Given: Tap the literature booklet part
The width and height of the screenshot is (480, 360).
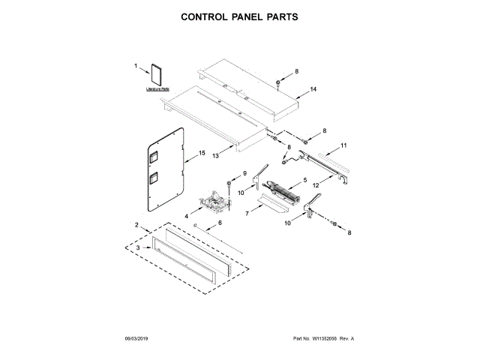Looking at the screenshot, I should pos(158,76).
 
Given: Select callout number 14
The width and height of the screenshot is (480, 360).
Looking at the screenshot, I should pos(313,89).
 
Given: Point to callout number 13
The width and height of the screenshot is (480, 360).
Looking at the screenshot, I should pos(216,156).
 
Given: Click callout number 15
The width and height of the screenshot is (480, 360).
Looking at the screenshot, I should pos(202,154).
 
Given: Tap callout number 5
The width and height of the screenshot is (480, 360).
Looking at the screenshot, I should pos(305,180).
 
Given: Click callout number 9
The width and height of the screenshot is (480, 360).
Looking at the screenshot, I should pos(244,173).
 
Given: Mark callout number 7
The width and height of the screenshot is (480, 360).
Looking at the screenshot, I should pos(247,214).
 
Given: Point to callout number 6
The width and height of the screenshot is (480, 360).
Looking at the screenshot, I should pos(220,223).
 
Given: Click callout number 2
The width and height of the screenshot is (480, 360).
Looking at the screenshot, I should pos(136,225).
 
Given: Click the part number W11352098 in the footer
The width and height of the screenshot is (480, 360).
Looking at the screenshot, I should pos(327,339).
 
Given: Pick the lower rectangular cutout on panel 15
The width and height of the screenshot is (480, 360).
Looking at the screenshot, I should pos(153,178).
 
